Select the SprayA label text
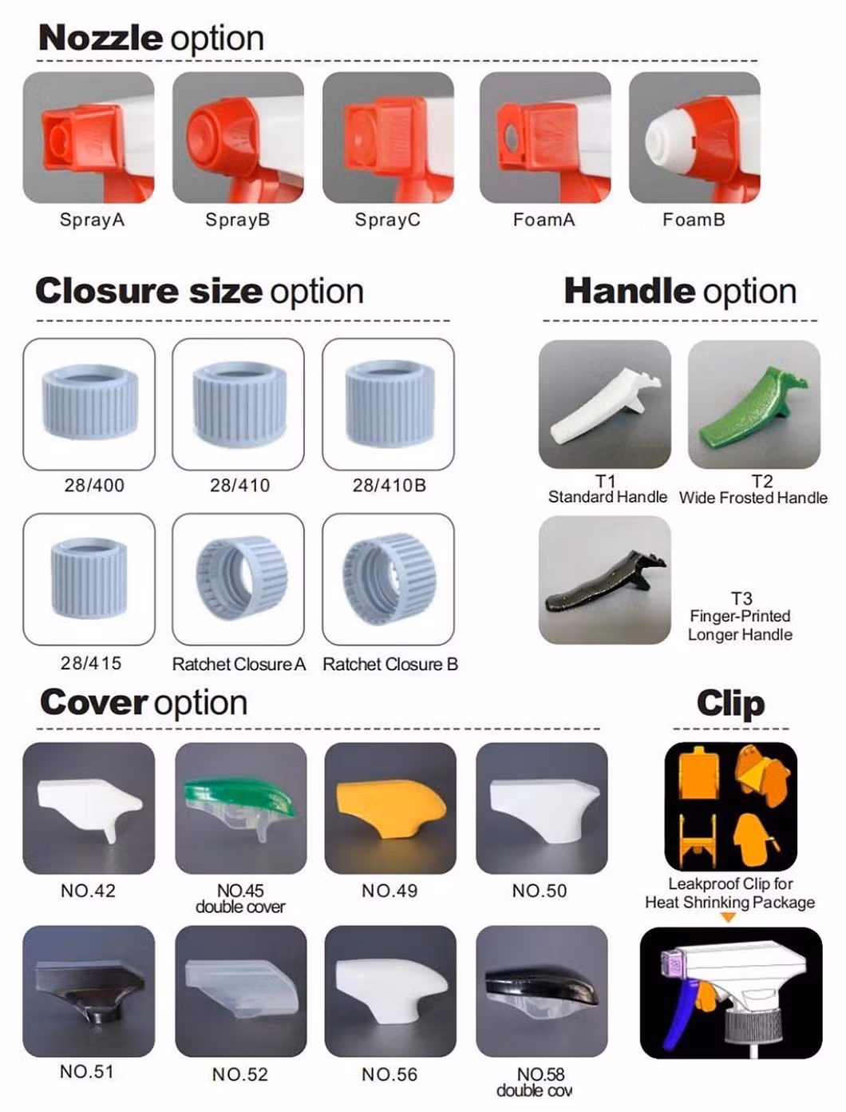(x=92, y=220)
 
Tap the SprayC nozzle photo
(x=388, y=137)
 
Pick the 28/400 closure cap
(x=89, y=400)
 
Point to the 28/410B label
(x=389, y=486)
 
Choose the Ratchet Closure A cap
(x=241, y=578)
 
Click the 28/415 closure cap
(x=89, y=578)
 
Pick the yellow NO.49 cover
(x=390, y=805)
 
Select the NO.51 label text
(x=86, y=1071)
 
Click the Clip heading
(x=730, y=704)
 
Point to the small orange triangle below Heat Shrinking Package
(x=728, y=917)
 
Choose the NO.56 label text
(x=389, y=1074)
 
